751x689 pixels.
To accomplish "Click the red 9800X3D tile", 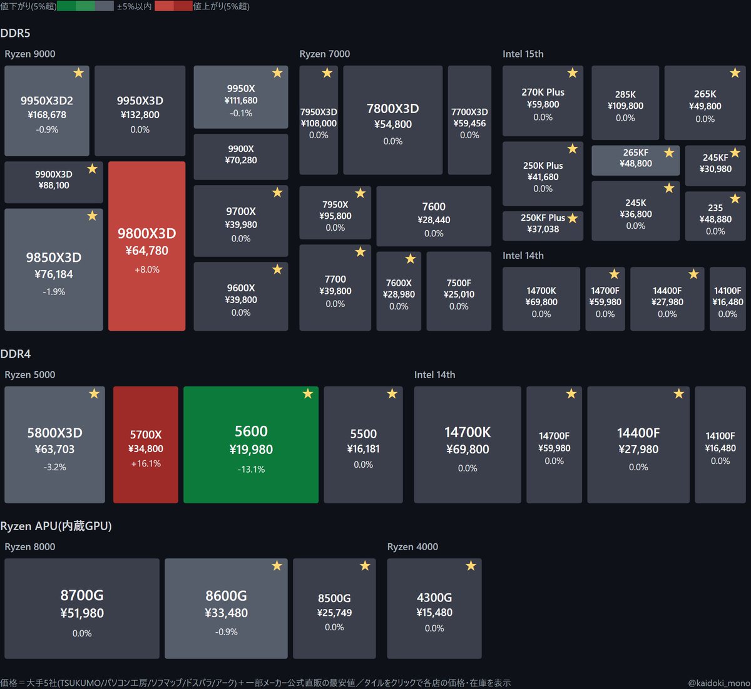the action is pos(146,246).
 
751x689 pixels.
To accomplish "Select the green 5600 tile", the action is pos(251,445).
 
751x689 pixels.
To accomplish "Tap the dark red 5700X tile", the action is pos(146,445).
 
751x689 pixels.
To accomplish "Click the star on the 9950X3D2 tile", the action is pos(79,73).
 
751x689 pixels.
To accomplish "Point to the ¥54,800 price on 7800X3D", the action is pos(393,124).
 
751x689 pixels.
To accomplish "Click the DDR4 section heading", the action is pos(16,353).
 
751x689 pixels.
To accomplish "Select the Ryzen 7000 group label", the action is pos(325,54).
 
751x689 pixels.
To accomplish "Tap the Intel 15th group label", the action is pos(523,54).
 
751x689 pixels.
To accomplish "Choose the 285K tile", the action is pos(625,103).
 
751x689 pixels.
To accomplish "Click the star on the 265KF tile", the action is pos(669,153).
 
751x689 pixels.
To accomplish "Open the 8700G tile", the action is pos(82,608).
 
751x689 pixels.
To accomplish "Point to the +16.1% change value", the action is pos(146,463).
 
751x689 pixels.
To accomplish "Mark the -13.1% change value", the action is pos(251,469).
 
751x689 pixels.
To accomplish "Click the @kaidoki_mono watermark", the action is pos(719,683).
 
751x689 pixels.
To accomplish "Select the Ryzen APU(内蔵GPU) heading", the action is pos(56,526).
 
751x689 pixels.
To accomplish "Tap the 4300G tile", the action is pos(434,608).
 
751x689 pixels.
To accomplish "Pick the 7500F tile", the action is pos(459,291).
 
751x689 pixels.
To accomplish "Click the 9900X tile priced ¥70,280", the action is pos(241,157).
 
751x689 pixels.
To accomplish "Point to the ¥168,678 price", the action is pos(47,115).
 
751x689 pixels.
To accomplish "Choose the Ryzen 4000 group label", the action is pos(412,546).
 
